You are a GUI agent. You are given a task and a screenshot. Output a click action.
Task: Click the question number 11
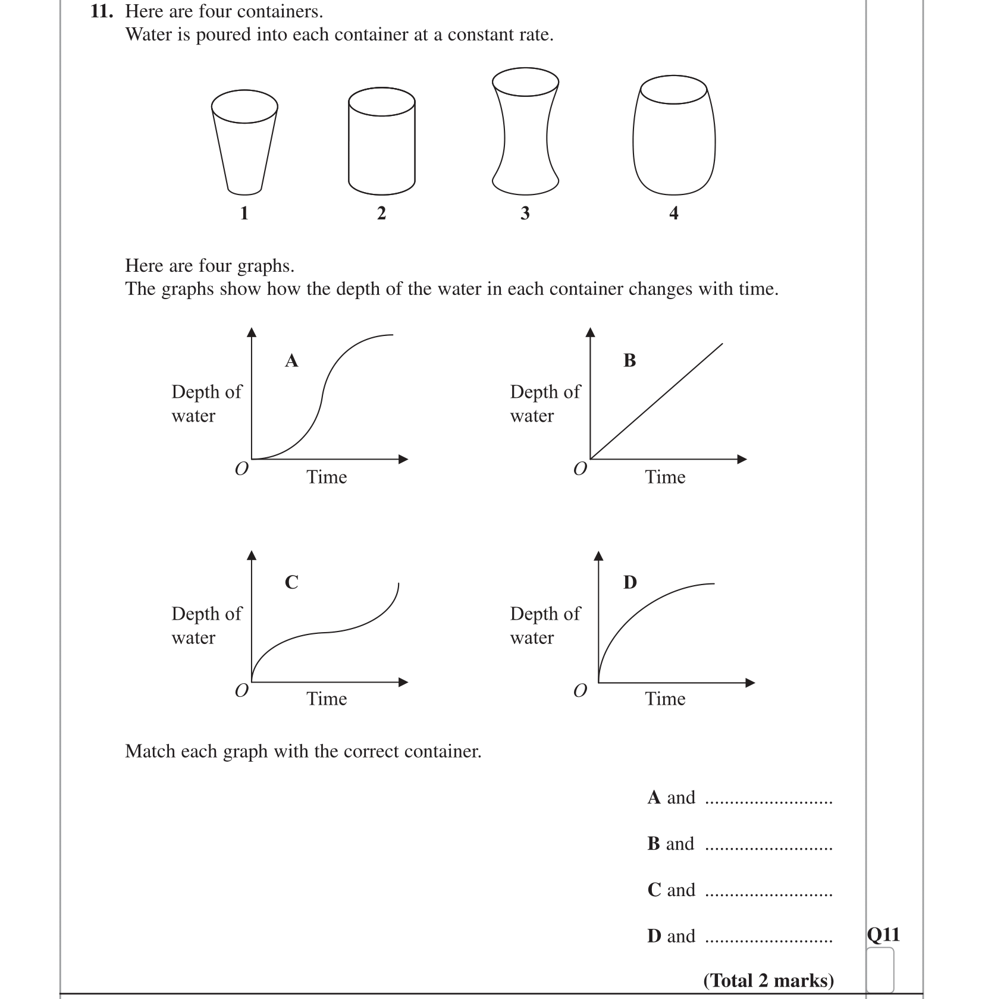(x=101, y=11)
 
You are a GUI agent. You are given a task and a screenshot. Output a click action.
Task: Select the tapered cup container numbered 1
(x=244, y=143)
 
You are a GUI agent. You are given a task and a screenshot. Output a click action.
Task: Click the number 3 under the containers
(x=525, y=213)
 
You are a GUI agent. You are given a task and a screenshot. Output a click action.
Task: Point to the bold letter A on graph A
(x=291, y=360)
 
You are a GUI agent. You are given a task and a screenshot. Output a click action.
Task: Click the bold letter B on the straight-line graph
(x=630, y=360)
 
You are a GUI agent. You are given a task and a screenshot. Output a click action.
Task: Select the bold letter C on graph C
(x=291, y=582)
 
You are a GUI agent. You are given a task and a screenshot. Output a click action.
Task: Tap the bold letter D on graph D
(x=630, y=582)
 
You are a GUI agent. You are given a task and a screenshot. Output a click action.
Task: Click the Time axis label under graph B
(x=665, y=477)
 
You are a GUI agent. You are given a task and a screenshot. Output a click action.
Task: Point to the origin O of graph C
(x=241, y=690)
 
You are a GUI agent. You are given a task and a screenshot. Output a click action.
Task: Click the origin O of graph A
(x=241, y=469)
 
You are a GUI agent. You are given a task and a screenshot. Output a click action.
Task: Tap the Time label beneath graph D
(x=665, y=699)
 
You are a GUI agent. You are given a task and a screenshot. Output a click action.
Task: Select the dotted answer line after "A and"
(x=768, y=802)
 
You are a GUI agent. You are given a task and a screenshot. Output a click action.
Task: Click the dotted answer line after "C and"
(x=768, y=894)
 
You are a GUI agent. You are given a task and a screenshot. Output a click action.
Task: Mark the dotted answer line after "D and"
(x=768, y=941)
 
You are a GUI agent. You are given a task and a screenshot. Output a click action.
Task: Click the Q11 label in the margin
(x=883, y=935)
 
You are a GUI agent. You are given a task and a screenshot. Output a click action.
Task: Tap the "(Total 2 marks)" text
(x=768, y=980)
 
